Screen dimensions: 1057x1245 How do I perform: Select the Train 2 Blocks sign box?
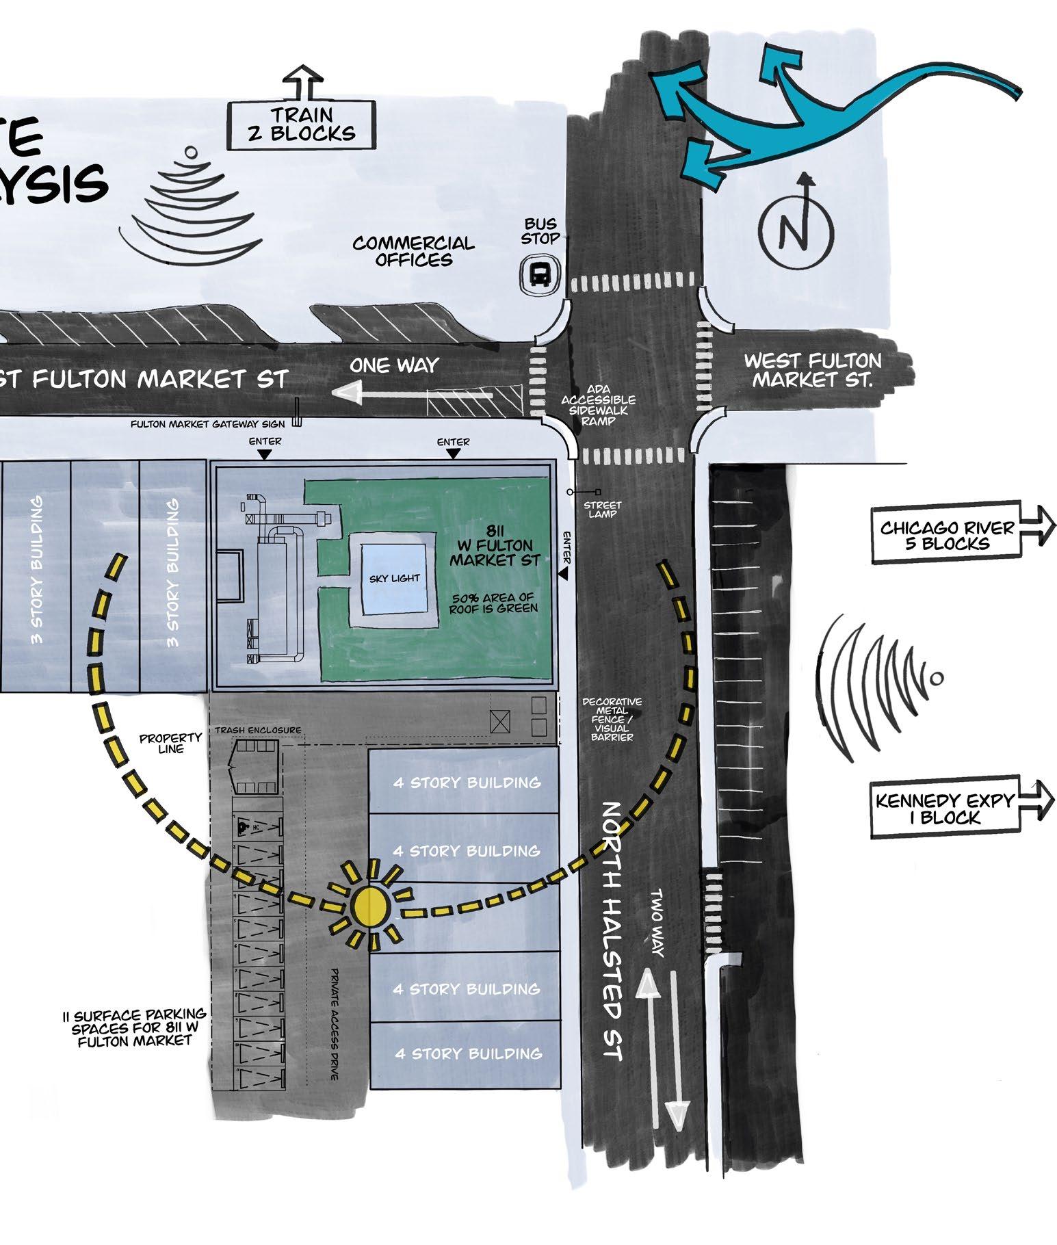pyautogui.click(x=302, y=124)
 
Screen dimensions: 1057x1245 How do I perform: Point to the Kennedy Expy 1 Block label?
pyautogui.click(x=945, y=808)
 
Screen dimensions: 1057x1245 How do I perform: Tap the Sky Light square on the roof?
pyautogui.click(x=394, y=579)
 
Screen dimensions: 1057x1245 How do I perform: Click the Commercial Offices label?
pyautogui.click(x=413, y=251)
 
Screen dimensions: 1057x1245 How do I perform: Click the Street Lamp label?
pyautogui.click(x=602, y=510)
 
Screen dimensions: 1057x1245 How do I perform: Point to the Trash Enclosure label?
pyautogui.click(x=257, y=730)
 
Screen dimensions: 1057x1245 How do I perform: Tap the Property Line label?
pyautogui.click(x=170, y=744)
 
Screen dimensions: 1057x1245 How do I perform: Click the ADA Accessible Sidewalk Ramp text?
pyautogui.click(x=598, y=405)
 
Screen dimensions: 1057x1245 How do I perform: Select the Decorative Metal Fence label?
pyautogui.click(x=612, y=720)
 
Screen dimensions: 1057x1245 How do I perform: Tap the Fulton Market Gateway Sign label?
pyautogui.click(x=207, y=424)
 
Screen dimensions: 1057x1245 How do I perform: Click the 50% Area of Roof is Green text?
pyautogui.click(x=493, y=603)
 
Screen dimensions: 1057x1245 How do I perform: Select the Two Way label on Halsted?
pyautogui.click(x=657, y=923)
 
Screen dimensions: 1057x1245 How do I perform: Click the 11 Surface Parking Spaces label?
pyautogui.click(x=134, y=1028)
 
